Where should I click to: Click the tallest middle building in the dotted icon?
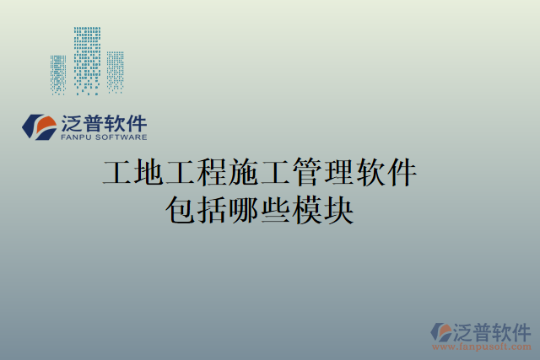(87, 57)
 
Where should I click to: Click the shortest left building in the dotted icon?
(58, 74)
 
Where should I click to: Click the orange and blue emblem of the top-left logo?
(40, 126)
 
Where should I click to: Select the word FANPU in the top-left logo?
(78, 137)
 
